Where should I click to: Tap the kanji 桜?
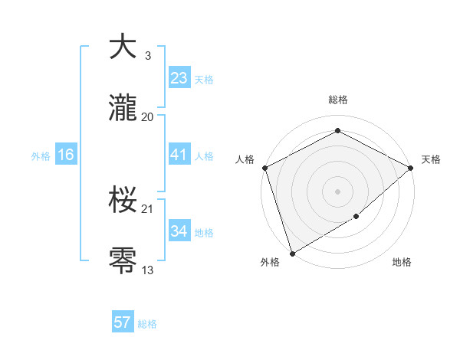click(x=123, y=201)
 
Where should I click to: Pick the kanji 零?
click(x=123, y=261)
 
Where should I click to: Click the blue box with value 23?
click(x=179, y=77)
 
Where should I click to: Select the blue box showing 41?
click(x=179, y=155)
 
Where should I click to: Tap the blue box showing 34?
click(x=179, y=231)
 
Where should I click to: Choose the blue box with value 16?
click(x=66, y=155)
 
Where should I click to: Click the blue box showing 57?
click(x=122, y=322)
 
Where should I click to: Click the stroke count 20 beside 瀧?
click(x=148, y=116)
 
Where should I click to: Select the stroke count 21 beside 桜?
click(x=148, y=208)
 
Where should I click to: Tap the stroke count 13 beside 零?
click(x=148, y=270)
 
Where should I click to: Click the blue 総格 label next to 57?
click(x=147, y=324)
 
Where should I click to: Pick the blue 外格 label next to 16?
click(x=41, y=156)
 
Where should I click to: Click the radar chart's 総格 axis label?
click(x=338, y=100)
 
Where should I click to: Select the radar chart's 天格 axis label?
click(x=431, y=159)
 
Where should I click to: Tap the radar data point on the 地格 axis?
click(x=356, y=217)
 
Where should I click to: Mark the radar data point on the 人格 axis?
click(x=264, y=167)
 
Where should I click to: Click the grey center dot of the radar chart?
click(x=338, y=191)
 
